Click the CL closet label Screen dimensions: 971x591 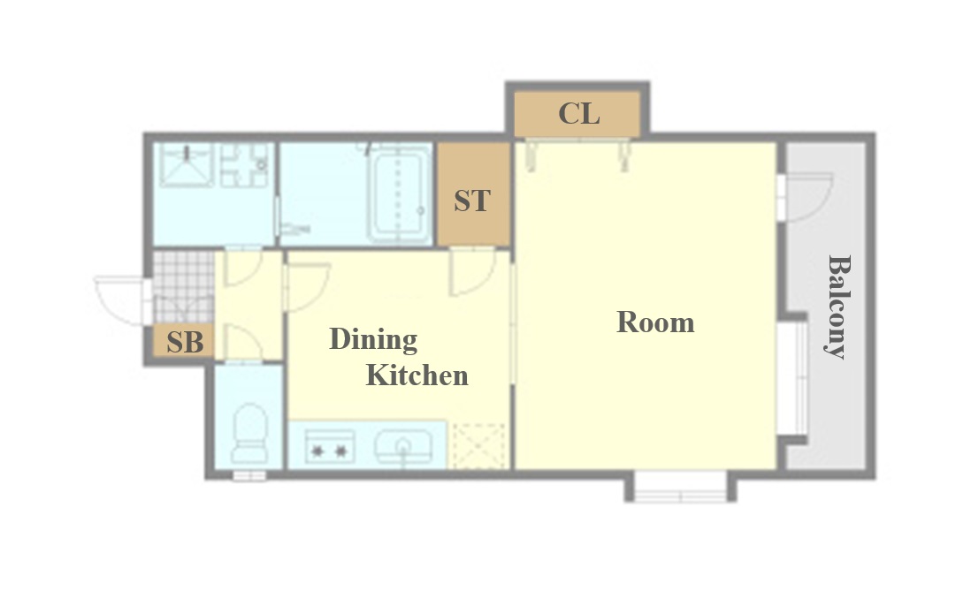[579, 113]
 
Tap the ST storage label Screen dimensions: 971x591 [472, 201]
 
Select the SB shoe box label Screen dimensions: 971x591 [185, 342]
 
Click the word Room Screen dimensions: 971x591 [655, 322]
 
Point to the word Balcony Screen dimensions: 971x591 [839, 307]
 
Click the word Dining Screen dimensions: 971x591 [373, 340]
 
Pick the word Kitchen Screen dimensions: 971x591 [417, 375]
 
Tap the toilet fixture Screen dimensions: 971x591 [249, 434]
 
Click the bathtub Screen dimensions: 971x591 [399, 193]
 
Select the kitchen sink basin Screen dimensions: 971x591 [403, 446]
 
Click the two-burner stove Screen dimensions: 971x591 [330, 447]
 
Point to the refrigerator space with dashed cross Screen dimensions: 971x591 [480, 445]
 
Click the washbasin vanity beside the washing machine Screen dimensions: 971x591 [245, 165]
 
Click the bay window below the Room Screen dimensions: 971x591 [680, 487]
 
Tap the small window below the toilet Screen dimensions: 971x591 [249, 475]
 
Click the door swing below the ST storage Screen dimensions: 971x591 [473, 272]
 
